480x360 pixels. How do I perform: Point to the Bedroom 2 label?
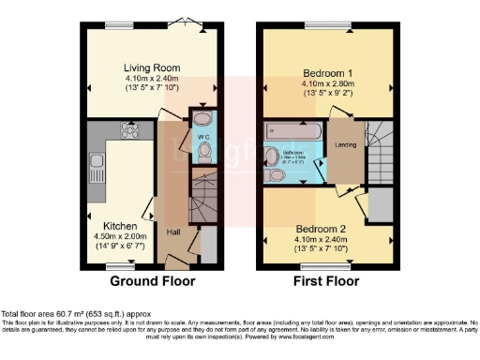pos(322,228)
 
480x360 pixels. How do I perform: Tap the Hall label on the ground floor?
pos(172,232)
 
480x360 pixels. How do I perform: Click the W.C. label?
pos(201,147)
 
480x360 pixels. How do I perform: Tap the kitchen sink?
pos(95,171)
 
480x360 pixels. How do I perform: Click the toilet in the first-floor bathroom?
pos(276,174)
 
